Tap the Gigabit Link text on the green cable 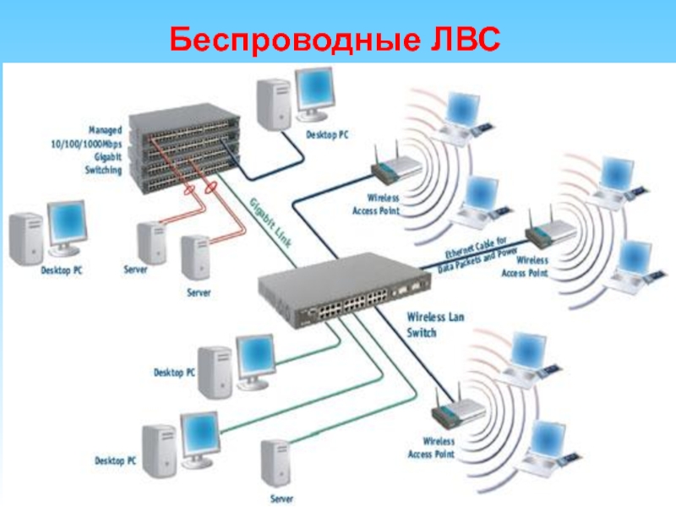pyautogui.click(x=270, y=221)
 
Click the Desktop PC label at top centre pyautogui.click(x=326, y=135)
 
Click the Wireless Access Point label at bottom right pyautogui.click(x=431, y=448)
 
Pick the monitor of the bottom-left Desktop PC pyautogui.click(x=199, y=431)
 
